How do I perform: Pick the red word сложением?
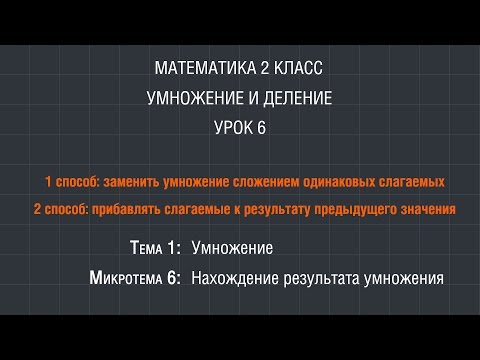coord(285,181)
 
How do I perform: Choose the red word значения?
coord(431,210)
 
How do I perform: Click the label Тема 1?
coord(156,247)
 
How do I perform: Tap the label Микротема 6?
coord(135,277)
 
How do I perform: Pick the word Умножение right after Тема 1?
coord(232,247)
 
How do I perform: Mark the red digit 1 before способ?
coord(49,181)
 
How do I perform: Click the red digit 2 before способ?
coord(37,210)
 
